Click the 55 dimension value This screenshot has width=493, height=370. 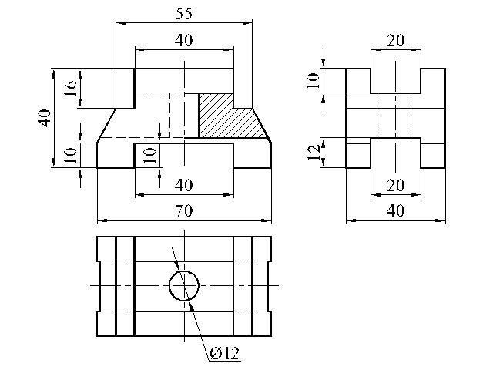(183, 14)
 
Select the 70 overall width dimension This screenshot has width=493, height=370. (184, 210)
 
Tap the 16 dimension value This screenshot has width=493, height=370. (71, 89)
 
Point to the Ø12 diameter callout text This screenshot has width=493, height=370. (224, 354)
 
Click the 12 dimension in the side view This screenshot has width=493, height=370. (314, 152)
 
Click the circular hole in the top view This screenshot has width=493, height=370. (184, 286)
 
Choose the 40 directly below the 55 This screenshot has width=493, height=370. (184, 41)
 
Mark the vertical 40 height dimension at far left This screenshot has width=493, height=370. (45, 118)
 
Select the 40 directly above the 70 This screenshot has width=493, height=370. (184, 185)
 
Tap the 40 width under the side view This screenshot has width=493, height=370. (395, 210)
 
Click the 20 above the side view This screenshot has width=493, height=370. (395, 41)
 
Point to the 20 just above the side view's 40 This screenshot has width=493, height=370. (395, 185)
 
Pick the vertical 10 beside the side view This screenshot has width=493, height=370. (314, 80)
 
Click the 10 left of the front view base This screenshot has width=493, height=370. (70, 156)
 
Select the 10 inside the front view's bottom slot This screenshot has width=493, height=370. (149, 156)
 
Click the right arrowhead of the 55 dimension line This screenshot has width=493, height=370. (247, 22)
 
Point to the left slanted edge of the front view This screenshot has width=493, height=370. (106, 126)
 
